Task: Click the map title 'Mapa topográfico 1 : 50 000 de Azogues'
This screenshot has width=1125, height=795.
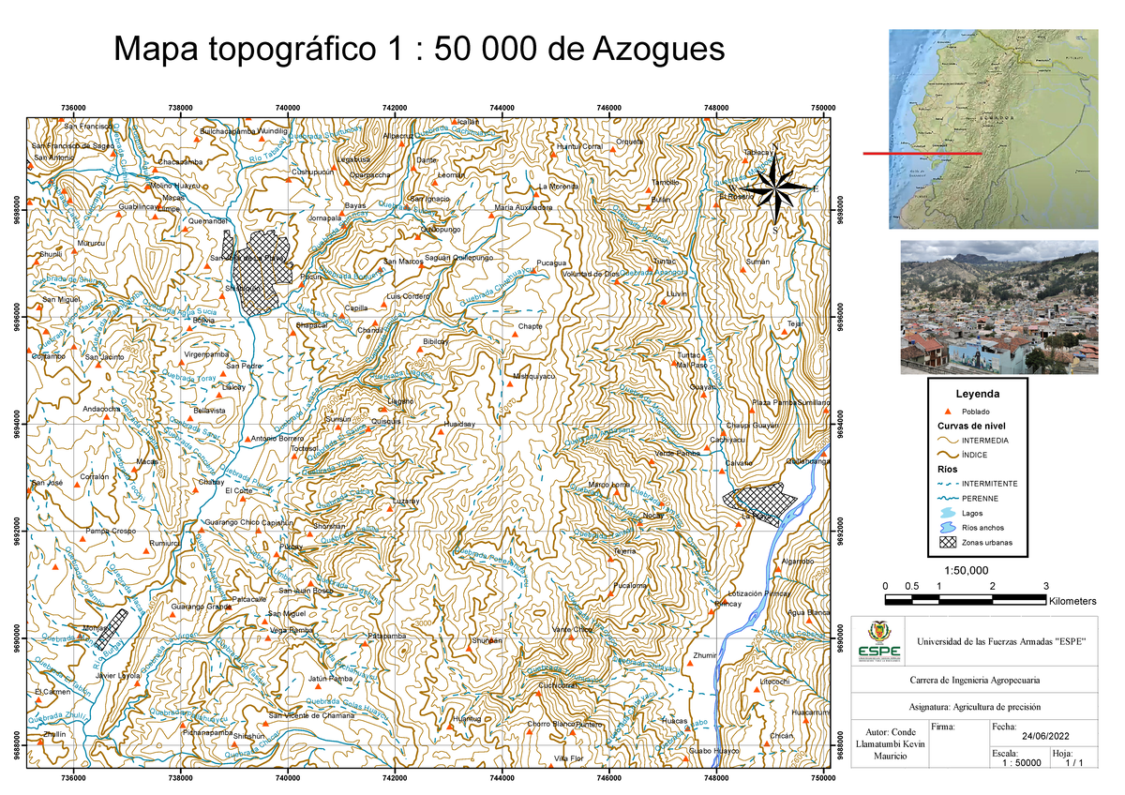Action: coord(418,49)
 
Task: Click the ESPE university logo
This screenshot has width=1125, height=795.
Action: coord(882,640)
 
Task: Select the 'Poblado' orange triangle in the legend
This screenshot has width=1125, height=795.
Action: coord(948,412)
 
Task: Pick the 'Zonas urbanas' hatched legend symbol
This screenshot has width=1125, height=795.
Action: coord(948,543)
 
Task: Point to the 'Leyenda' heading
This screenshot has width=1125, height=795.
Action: coord(978,394)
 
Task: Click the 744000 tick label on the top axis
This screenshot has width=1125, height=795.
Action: coord(502,108)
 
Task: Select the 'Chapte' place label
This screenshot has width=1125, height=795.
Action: coord(530,326)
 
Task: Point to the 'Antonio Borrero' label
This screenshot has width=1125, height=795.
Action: coord(278,439)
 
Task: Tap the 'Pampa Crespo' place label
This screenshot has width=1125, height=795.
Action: coord(111,532)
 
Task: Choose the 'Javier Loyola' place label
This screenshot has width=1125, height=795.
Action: coord(118,675)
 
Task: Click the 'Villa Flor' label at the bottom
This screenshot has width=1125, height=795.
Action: coord(568,757)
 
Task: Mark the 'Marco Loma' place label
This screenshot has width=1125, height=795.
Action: coord(607,484)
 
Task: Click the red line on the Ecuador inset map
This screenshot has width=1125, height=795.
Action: coord(922,152)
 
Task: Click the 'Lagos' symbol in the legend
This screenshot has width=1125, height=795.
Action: coord(948,513)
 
